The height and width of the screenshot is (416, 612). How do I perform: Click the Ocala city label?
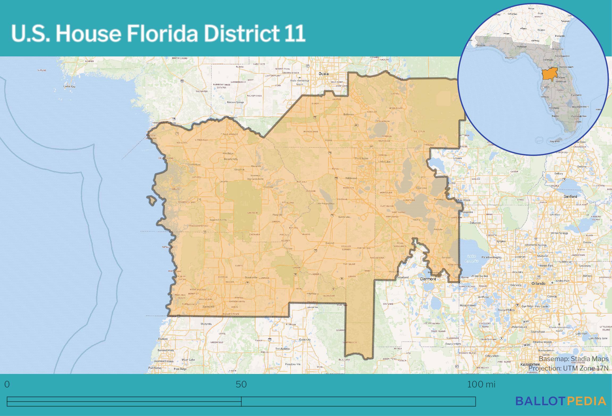324,74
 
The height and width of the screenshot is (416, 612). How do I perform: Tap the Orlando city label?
538,283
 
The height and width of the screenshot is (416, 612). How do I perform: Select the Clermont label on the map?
428,279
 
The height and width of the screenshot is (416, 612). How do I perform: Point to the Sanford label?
570,196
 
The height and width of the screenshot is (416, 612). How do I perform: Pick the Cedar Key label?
69,87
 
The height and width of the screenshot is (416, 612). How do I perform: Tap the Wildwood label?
351,178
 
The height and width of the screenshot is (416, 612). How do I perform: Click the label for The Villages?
361,158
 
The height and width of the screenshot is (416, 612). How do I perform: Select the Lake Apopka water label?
472,258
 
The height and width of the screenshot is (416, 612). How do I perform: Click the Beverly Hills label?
231,159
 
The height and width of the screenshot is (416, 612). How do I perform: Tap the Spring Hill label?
208,307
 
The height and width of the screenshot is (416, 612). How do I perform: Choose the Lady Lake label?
385,162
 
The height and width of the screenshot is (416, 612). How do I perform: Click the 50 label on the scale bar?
241,384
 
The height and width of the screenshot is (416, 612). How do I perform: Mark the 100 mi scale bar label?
481,384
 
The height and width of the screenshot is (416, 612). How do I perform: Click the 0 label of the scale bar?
7,384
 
